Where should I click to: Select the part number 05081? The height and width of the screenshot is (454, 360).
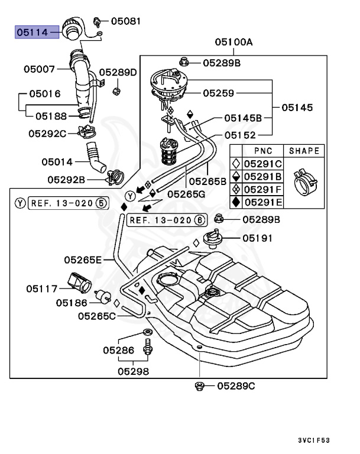point(126,21)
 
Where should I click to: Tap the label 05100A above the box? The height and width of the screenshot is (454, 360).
point(233,43)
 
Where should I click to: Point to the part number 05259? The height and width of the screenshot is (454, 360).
point(219,93)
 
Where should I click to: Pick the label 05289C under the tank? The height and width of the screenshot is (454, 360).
point(236,386)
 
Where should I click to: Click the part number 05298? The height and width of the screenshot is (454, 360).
point(133,371)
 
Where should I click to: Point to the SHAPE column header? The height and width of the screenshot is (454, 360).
point(304,151)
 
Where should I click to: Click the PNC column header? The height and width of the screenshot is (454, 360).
point(263,151)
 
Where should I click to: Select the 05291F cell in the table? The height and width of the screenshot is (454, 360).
point(264,190)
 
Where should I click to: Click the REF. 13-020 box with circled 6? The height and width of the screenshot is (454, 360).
point(168,220)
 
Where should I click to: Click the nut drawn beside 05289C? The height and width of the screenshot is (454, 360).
point(200,386)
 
